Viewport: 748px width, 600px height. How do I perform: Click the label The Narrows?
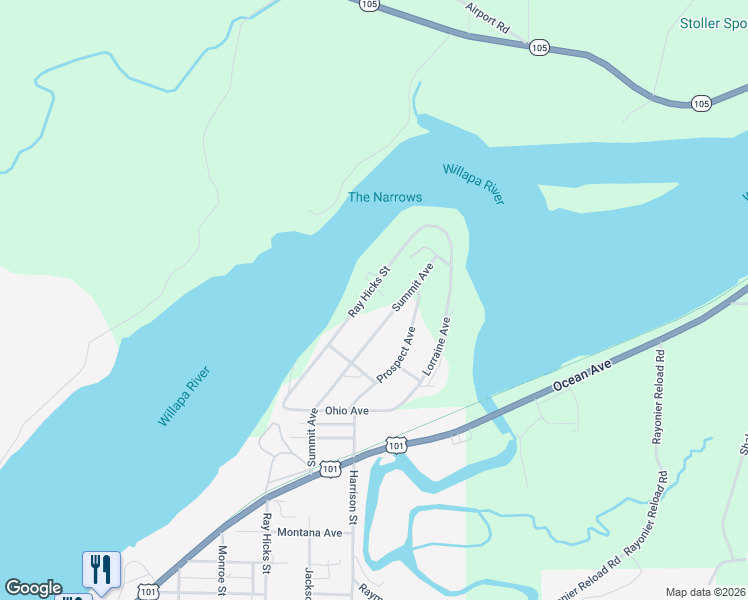384,197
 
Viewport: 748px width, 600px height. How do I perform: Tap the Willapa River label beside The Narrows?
473,183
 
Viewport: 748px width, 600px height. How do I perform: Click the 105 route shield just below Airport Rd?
540,47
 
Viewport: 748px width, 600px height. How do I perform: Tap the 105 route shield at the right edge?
701,103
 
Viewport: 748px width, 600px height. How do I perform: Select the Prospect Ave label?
396,354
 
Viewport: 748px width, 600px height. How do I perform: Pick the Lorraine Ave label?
437,346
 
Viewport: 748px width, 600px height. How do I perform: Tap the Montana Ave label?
310,533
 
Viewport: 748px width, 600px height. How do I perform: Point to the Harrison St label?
352,497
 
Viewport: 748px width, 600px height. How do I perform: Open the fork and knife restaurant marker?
101,569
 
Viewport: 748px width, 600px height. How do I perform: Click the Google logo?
34,588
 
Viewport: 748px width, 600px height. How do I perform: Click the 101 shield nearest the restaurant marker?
148,592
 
